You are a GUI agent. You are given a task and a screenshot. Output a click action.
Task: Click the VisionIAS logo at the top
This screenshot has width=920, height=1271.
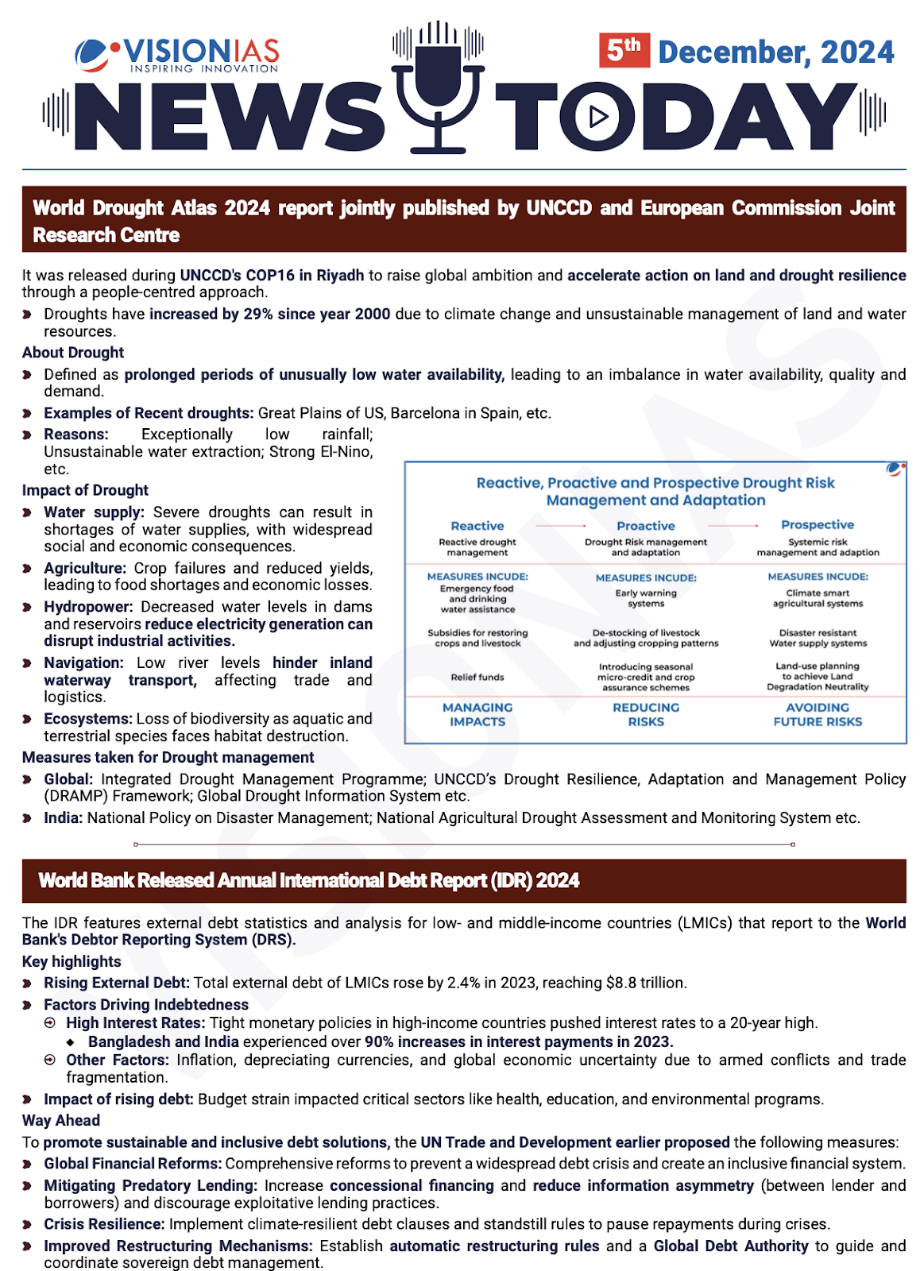[x=176, y=55]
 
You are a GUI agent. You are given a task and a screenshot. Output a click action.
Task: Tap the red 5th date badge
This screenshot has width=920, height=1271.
[x=624, y=51]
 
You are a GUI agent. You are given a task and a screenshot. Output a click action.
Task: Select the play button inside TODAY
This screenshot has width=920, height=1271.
[x=597, y=117]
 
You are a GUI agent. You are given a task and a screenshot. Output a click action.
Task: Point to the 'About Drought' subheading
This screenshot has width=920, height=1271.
[x=73, y=353]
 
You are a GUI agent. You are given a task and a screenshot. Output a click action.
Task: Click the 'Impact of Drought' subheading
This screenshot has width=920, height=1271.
[x=85, y=490]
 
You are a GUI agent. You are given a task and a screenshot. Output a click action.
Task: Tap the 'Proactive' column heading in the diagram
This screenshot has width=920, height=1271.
[x=646, y=526]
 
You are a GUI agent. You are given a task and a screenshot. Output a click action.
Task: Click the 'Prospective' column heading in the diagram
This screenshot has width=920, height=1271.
[x=818, y=525]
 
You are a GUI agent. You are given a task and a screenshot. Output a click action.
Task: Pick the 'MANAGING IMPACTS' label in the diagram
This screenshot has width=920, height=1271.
[x=477, y=714]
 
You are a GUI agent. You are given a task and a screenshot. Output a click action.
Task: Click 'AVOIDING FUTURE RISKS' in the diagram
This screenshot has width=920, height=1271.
[x=818, y=714]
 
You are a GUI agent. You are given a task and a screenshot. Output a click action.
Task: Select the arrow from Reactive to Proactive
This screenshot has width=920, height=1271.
[x=560, y=526]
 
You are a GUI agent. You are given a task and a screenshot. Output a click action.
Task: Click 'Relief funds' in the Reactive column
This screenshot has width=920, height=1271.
[x=477, y=677]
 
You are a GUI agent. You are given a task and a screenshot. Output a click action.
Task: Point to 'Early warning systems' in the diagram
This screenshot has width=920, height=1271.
[x=646, y=598]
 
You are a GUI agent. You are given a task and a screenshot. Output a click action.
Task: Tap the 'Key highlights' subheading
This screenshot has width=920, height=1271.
[x=72, y=962]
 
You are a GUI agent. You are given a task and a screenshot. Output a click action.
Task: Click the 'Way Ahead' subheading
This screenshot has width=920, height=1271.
[x=61, y=1121]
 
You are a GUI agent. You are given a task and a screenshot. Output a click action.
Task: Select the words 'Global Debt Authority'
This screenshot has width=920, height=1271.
[x=730, y=1246]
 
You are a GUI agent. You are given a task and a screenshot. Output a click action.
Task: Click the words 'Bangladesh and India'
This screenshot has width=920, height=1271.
[x=163, y=1041]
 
